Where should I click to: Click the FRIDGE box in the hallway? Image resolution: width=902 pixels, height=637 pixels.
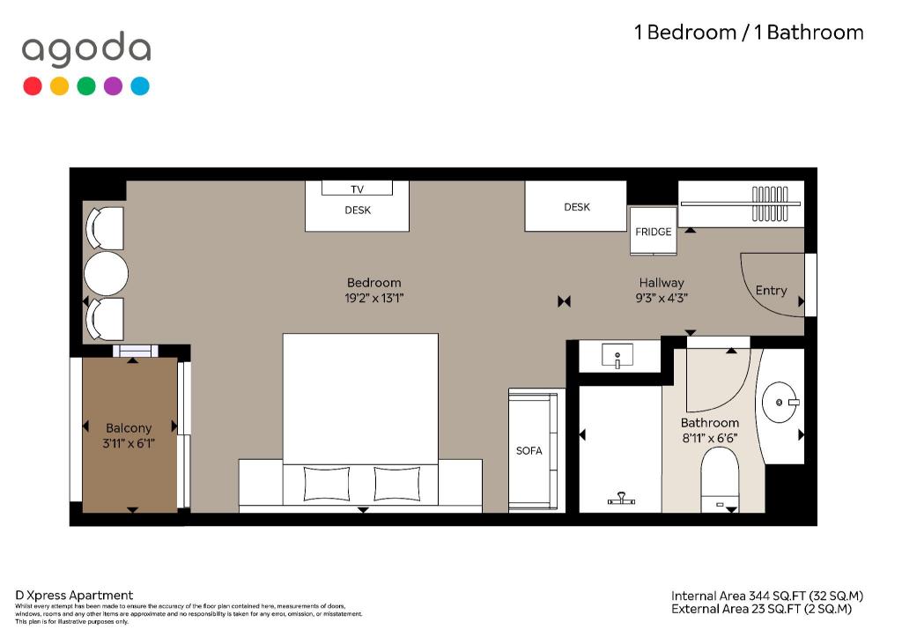pyautogui.click(x=653, y=231)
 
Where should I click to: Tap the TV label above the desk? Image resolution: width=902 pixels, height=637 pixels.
pyautogui.click(x=358, y=189)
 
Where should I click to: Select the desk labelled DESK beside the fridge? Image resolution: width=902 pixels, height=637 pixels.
pyautogui.click(x=575, y=206)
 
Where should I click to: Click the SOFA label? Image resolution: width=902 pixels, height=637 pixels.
pyautogui.click(x=529, y=450)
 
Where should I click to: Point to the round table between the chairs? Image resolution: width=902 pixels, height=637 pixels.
pyautogui.click(x=106, y=273)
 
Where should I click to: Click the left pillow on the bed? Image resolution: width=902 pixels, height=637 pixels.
pyautogui.click(x=326, y=484)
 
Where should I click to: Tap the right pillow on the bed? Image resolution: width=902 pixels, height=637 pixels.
pyautogui.click(x=397, y=484)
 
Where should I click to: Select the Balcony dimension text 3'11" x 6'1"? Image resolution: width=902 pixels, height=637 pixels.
pyautogui.click(x=129, y=443)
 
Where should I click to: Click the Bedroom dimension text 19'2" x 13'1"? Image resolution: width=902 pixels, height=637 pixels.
pyautogui.click(x=373, y=298)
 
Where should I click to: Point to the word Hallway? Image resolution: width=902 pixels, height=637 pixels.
pyautogui.click(x=662, y=283)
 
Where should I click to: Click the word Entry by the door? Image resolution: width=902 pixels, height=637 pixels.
pyautogui.click(x=771, y=291)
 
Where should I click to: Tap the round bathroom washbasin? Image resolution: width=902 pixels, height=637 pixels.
pyautogui.click(x=780, y=403)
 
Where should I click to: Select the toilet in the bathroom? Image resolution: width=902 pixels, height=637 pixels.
pyautogui.click(x=720, y=479)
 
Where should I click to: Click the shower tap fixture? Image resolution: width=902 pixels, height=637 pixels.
pyautogui.click(x=621, y=499)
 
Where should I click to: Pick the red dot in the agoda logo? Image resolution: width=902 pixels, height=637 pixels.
pyautogui.click(x=33, y=85)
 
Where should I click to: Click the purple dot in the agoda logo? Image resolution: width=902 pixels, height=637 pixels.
pyautogui.click(x=113, y=85)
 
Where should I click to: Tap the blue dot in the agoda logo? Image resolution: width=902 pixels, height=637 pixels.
pyautogui.click(x=140, y=85)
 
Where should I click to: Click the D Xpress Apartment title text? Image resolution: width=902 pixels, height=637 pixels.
pyautogui.click(x=74, y=595)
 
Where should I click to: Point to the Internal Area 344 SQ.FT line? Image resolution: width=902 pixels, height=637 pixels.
pyautogui.click(x=767, y=596)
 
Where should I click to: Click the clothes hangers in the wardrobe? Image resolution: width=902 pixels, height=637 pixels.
pyautogui.click(x=770, y=204)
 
